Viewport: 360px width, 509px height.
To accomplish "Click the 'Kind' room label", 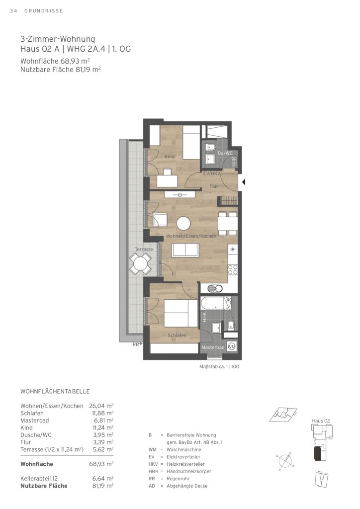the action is tap(170, 157).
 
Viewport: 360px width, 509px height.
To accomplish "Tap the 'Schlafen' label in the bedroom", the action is tap(177, 336).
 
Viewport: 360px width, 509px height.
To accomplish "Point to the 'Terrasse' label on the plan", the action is tap(144, 250).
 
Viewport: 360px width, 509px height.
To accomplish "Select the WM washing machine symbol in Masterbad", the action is tap(232, 346).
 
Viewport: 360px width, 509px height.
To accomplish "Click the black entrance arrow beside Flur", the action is tap(244, 182).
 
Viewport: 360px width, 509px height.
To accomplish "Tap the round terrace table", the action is tap(140, 262).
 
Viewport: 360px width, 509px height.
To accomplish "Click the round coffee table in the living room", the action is tap(183, 224).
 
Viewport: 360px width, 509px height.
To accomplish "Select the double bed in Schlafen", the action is tap(181, 313).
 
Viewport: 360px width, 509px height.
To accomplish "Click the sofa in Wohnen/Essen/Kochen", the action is tap(185, 250).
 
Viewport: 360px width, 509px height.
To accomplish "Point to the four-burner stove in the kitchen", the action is tap(233, 270).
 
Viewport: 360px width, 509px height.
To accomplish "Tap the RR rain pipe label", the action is tap(136, 344).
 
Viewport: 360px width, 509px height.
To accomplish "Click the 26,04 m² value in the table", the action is tap(103, 406).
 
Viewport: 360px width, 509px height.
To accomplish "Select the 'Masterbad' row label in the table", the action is tap(35, 421).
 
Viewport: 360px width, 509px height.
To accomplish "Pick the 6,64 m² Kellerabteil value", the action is tap(103, 479).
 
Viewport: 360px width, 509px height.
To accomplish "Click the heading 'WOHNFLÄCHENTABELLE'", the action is tap(55, 392).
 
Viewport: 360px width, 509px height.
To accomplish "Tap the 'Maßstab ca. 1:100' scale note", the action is tap(219, 367).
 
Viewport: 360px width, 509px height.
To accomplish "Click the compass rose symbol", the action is tap(284, 460).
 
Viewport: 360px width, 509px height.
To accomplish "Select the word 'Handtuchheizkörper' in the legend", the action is tap(189, 471).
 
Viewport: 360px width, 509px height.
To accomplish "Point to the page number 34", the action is tap(13, 11).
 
